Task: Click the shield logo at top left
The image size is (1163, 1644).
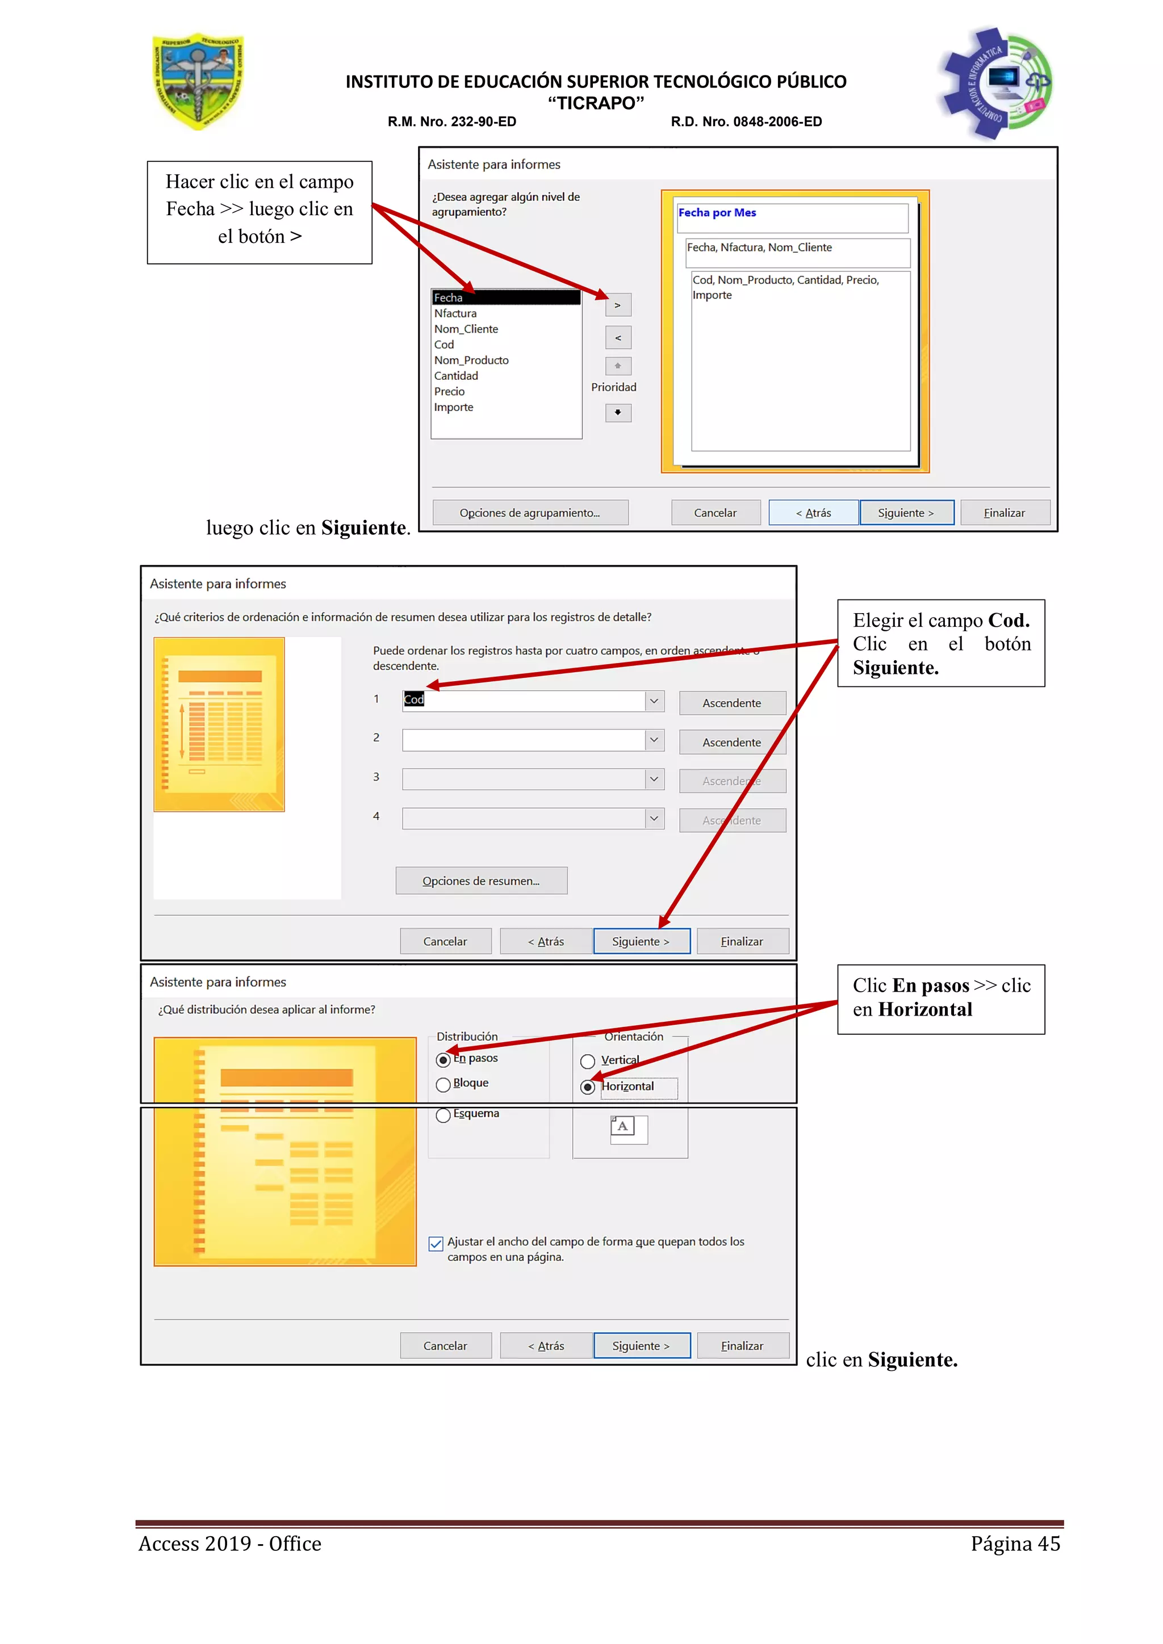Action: (198, 81)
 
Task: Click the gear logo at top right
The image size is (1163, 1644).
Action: (995, 82)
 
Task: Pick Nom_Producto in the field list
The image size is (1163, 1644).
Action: (471, 360)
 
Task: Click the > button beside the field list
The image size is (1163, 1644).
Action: (617, 305)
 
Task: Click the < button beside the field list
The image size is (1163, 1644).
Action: (617, 338)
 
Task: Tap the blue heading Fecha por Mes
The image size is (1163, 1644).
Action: (717, 213)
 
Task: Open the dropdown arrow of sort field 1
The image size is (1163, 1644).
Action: (654, 701)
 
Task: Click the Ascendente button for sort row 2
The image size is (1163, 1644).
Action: (731, 743)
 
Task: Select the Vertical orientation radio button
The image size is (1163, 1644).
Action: (588, 1061)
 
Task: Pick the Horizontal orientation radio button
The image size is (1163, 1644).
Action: (588, 1087)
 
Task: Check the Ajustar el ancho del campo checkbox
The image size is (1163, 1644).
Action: (436, 1244)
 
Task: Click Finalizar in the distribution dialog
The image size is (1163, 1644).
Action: (742, 1346)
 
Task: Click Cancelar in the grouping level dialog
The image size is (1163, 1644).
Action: (715, 513)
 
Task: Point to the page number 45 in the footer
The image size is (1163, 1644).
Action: (1048, 1544)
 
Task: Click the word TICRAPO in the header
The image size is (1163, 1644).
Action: (596, 103)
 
